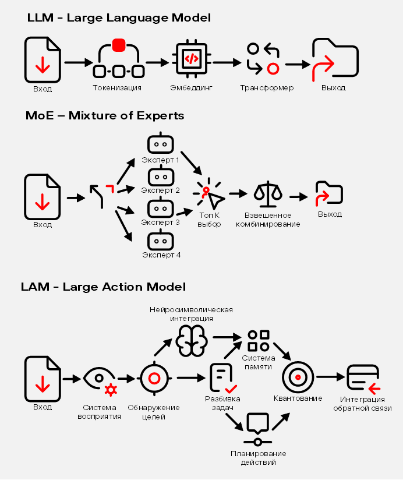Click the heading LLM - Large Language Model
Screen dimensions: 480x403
point(119,18)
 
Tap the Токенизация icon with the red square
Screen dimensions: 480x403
point(118,59)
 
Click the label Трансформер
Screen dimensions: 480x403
point(267,88)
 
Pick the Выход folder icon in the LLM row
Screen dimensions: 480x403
point(335,60)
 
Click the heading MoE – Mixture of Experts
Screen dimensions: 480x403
point(105,115)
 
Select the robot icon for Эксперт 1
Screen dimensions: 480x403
point(161,144)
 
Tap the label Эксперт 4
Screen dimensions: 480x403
point(161,255)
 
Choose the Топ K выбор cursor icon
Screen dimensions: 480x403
point(210,194)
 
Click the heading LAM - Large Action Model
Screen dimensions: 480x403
point(103,287)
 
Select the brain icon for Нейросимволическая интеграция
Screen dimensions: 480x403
point(192,340)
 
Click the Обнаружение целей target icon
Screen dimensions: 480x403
point(154,378)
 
